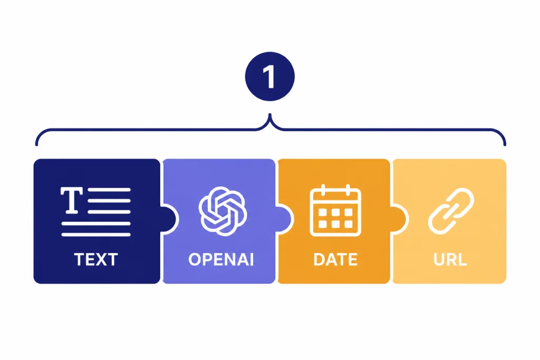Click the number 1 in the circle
pos(269,77)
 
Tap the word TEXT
pos(96,259)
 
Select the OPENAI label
pos(221,259)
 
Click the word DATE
pos(335,259)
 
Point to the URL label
pos(450,259)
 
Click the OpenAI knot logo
pos(223,211)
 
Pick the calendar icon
pos(335,211)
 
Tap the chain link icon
pos(451,211)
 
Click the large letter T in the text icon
pos(72,200)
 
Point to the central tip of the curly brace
pos(270,114)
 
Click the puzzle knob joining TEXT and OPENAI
pos(170,219)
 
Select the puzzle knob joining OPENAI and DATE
pos(285,219)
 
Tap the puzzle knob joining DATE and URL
pos(400,219)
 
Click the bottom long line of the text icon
pos(96,235)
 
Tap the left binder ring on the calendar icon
pos(323,190)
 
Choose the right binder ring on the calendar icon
pos(348,190)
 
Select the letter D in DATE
pos(319,259)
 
